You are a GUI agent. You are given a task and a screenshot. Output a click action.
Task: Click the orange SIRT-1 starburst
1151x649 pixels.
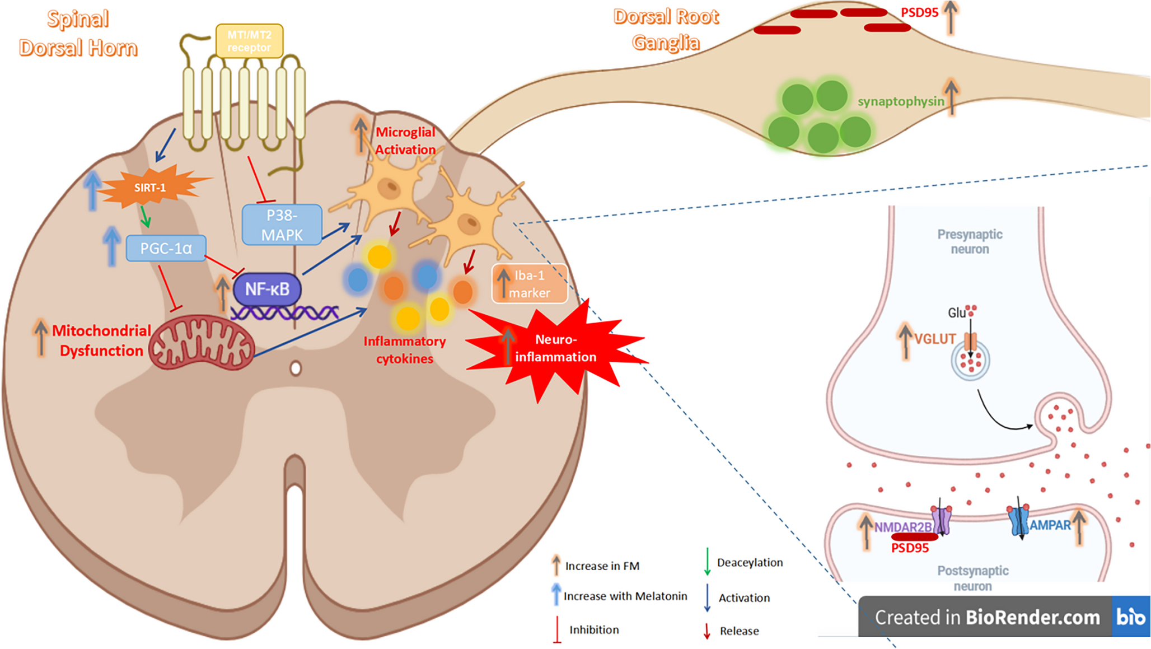150,188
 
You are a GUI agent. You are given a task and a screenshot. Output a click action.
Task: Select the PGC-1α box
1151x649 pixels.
166,248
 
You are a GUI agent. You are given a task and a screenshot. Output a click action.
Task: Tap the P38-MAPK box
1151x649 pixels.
282,225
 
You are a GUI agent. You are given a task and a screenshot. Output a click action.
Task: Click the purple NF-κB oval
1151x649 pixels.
267,289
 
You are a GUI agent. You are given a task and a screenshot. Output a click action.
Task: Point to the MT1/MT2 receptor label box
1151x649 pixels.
249,41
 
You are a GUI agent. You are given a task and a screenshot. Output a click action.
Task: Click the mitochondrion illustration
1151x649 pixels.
202,343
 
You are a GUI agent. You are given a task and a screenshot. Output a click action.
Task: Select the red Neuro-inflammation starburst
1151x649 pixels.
555,348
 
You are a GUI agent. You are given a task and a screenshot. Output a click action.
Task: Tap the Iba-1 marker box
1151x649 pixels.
530,284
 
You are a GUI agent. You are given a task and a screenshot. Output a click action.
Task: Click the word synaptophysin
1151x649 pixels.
900,101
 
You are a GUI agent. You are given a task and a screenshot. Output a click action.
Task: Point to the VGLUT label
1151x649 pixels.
935,339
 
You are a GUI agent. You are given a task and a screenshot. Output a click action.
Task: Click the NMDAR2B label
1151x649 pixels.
902,527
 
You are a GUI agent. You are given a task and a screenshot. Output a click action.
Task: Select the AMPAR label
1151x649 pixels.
1050,525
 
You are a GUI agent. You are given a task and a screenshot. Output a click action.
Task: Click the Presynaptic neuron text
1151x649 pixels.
970,241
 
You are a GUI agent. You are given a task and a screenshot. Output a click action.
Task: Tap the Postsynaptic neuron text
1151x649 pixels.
972,578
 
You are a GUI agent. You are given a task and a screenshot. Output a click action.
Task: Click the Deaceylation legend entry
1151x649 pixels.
750,562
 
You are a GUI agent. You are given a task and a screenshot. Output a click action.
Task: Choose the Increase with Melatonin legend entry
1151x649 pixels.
625,596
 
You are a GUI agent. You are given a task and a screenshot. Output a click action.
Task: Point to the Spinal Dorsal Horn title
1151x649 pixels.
78,34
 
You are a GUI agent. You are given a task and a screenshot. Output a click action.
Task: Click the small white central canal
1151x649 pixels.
296,368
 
